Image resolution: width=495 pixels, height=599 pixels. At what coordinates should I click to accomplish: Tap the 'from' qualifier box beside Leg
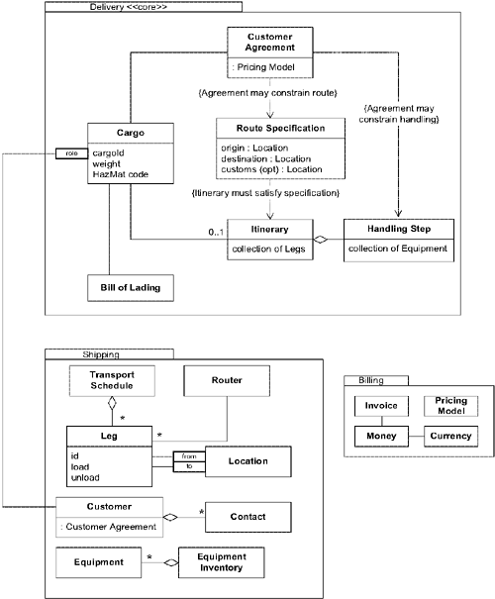(x=187, y=456)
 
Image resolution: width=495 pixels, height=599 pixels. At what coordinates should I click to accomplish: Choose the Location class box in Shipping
(x=247, y=461)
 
